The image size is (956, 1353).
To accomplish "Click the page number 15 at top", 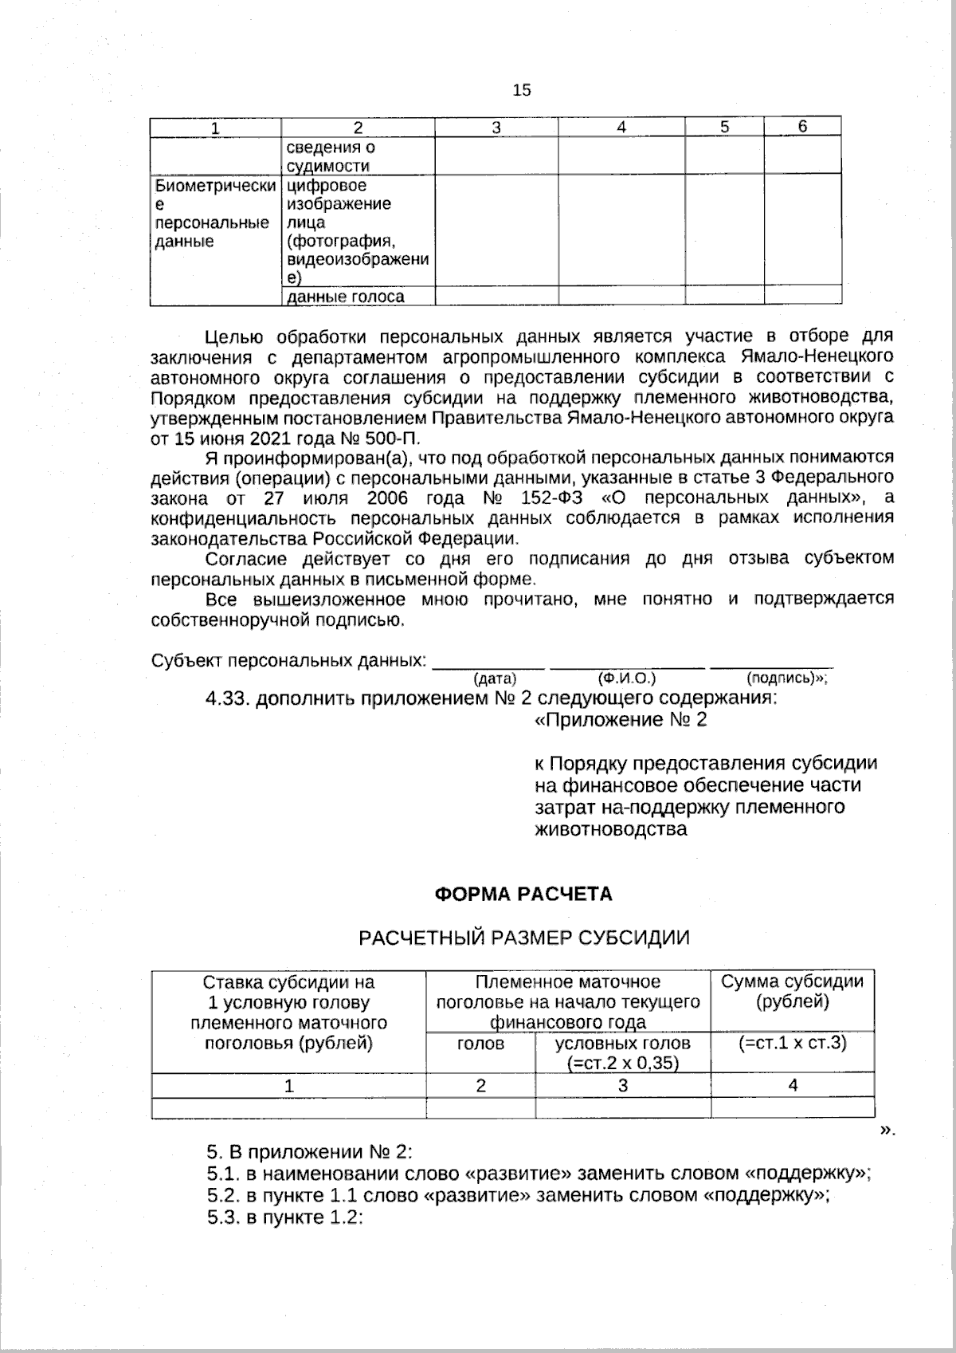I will pyautogui.click(x=522, y=90).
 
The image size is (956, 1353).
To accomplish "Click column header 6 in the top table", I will pyautogui.click(x=802, y=127).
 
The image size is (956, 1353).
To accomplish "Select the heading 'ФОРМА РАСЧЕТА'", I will pyautogui.click(x=523, y=894).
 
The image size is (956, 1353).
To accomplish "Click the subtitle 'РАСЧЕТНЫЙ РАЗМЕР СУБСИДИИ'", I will pyautogui.click(x=523, y=937).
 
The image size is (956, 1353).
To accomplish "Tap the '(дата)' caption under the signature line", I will pyautogui.click(x=495, y=678).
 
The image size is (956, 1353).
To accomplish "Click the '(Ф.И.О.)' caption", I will pyautogui.click(x=626, y=678).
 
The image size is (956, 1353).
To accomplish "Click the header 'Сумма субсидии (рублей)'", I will pyautogui.click(x=792, y=992).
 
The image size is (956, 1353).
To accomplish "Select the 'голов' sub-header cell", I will pyautogui.click(x=481, y=1044).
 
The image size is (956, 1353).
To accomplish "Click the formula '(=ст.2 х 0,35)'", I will pyautogui.click(x=622, y=1063).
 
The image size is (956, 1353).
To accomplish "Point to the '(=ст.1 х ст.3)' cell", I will pyautogui.click(x=792, y=1043).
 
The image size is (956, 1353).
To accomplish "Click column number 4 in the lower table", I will pyautogui.click(x=793, y=1085).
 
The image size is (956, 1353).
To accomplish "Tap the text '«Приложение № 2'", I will pyautogui.click(x=621, y=720).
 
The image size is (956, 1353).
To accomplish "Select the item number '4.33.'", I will pyautogui.click(x=229, y=699).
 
